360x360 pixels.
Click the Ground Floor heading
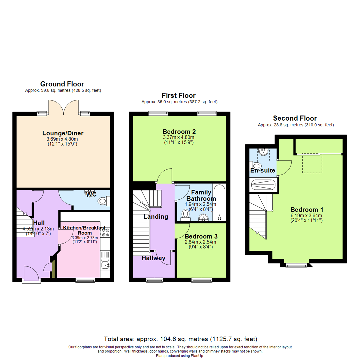click(62, 84)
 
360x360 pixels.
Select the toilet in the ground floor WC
click(103, 201)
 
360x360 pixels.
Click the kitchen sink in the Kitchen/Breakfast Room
click(105, 265)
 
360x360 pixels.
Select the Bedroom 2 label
click(179, 131)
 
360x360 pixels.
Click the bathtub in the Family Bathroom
click(219, 202)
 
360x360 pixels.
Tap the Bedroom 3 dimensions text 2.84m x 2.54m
click(200, 242)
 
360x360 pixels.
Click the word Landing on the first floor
click(156, 217)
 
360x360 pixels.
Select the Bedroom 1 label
click(307, 210)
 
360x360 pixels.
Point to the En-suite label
click(263, 171)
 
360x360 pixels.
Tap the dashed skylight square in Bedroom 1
click(312, 163)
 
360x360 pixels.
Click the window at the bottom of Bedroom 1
click(296, 265)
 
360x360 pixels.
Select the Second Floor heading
click(295, 118)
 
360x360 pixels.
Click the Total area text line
click(180, 339)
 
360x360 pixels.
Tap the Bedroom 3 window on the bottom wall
click(201, 280)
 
